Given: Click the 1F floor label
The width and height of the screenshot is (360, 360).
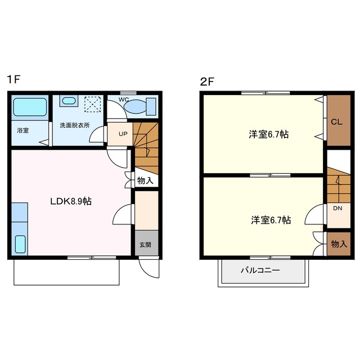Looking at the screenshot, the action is (13, 79).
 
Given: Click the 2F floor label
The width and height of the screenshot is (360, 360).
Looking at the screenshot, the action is (207, 82).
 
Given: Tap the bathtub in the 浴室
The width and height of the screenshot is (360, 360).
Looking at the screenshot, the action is (30, 107).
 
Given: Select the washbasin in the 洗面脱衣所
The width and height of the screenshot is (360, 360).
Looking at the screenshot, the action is (69, 101).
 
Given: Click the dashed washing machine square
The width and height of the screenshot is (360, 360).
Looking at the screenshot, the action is (93, 104).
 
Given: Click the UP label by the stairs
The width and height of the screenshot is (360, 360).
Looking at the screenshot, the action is (123, 134).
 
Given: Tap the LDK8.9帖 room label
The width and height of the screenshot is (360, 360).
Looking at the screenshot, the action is (71, 201).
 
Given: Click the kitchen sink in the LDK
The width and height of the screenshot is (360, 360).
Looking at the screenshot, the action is (20, 244).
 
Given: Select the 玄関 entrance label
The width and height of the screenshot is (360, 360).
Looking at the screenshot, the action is (145, 245).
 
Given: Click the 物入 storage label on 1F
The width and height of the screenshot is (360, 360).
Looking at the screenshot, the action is (145, 181).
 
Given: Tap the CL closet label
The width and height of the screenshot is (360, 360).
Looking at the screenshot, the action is (336, 121).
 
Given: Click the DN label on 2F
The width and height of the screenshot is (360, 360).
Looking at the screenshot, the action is (337, 208).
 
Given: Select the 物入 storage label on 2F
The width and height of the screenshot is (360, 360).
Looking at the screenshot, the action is (339, 244).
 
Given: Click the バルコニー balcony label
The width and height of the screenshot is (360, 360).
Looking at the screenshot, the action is (260, 270).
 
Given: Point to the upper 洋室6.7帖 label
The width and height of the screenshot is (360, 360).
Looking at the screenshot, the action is (269, 134).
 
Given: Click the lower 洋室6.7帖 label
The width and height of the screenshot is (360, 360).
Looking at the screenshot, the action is (271, 220).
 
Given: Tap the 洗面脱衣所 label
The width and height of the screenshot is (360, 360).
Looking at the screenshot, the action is (75, 125).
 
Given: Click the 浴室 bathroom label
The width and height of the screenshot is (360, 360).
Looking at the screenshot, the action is (22, 130).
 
